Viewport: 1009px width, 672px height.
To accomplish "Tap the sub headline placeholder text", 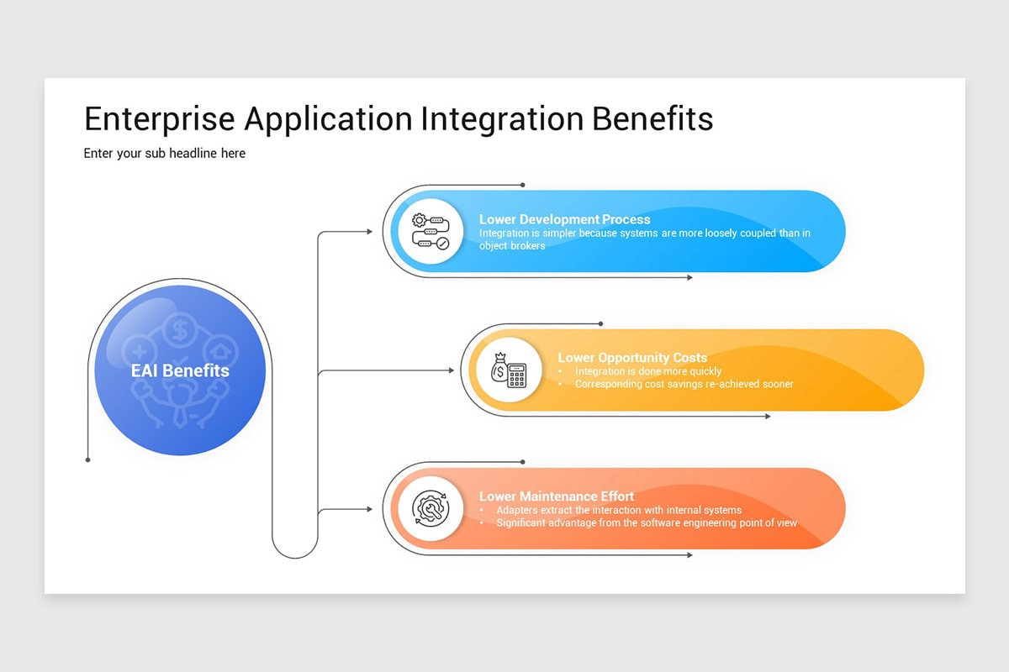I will [165, 153].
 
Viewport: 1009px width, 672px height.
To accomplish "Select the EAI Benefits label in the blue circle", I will [180, 370].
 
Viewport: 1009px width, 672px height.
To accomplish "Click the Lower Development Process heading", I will [564, 219].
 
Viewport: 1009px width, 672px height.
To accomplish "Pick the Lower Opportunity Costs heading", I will [632, 358].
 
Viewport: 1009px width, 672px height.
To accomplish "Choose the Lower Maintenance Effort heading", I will [557, 496].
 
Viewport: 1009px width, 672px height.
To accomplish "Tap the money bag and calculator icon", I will [509, 370].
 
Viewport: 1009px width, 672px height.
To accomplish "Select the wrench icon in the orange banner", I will [430, 509].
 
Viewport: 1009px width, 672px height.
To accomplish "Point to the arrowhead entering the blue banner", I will [368, 231].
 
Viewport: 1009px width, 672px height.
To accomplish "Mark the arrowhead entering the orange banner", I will [368, 509].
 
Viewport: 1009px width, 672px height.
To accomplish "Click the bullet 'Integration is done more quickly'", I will [647, 371].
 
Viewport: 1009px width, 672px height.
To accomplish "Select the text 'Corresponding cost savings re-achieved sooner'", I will [684, 384].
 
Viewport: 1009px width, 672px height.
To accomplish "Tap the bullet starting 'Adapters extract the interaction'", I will [618, 510].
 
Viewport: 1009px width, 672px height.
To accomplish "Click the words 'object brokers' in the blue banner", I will [512, 246].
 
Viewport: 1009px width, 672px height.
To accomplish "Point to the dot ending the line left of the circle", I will [88, 459].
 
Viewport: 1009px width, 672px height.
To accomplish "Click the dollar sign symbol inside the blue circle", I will [179, 331].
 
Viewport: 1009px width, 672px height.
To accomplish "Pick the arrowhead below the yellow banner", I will [767, 416].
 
